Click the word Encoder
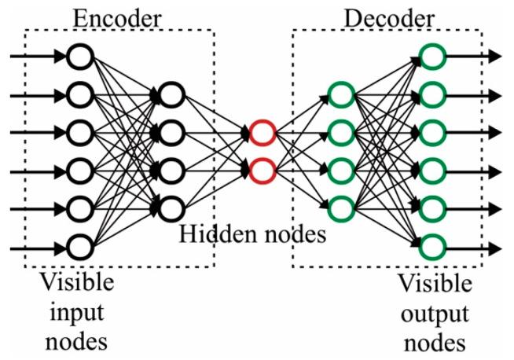tap(117, 19)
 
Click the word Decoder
tap(390, 19)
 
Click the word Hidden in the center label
tap(218, 234)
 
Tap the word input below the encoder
tap(77, 313)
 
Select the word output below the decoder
tap(435, 314)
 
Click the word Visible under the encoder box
tap(77, 282)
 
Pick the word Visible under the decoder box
tap(435, 283)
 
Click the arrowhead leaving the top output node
tap(495, 57)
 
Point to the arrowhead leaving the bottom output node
tap(495, 248)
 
